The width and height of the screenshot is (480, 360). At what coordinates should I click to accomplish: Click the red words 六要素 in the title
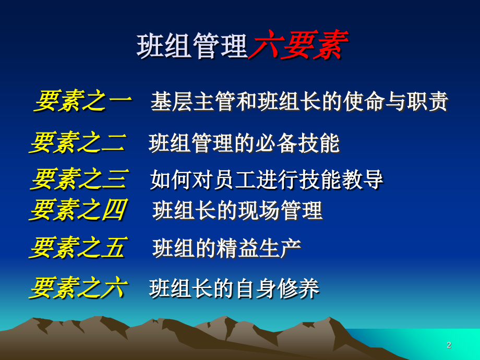pyautogui.click(x=297, y=46)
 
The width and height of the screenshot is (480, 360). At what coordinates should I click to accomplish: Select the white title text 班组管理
pyautogui.click(x=192, y=46)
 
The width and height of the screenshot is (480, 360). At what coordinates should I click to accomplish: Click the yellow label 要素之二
pyautogui.click(x=78, y=142)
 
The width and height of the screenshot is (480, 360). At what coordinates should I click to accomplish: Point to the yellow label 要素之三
pyautogui.click(x=79, y=179)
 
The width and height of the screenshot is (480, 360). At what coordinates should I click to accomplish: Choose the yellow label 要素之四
pyautogui.click(x=78, y=210)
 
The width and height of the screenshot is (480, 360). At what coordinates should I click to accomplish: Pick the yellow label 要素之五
pyautogui.click(x=78, y=248)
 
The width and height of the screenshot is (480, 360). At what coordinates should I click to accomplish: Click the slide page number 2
pyautogui.click(x=449, y=345)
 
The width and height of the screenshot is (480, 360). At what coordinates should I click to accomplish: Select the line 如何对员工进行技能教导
pyautogui.click(x=267, y=180)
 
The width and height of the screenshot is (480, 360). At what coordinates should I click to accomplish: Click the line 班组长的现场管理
pyautogui.click(x=237, y=211)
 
